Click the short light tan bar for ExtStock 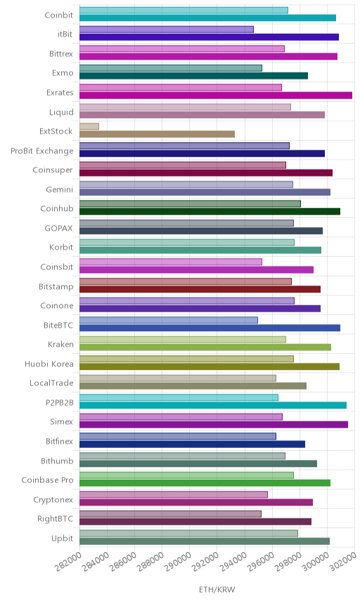coord(89,127)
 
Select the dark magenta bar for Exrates coord(216,96)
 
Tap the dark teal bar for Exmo coord(194,76)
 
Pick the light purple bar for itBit coord(167,29)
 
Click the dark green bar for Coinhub coord(210,212)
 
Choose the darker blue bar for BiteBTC coord(210,328)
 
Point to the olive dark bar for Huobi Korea coord(210,366)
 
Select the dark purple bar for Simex coord(214,425)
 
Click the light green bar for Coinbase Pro coord(186,475)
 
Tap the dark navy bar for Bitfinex coord(192,444)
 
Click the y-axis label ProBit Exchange coord(41,151)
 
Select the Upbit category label coord(62,538)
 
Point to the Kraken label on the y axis coord(60,344)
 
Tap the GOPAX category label coord(59,228)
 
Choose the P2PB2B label coord(60,402)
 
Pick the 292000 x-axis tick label coord(205,562)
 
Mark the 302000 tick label coord(342,562)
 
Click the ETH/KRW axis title coord(217,590)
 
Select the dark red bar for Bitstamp coord(200,289)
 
